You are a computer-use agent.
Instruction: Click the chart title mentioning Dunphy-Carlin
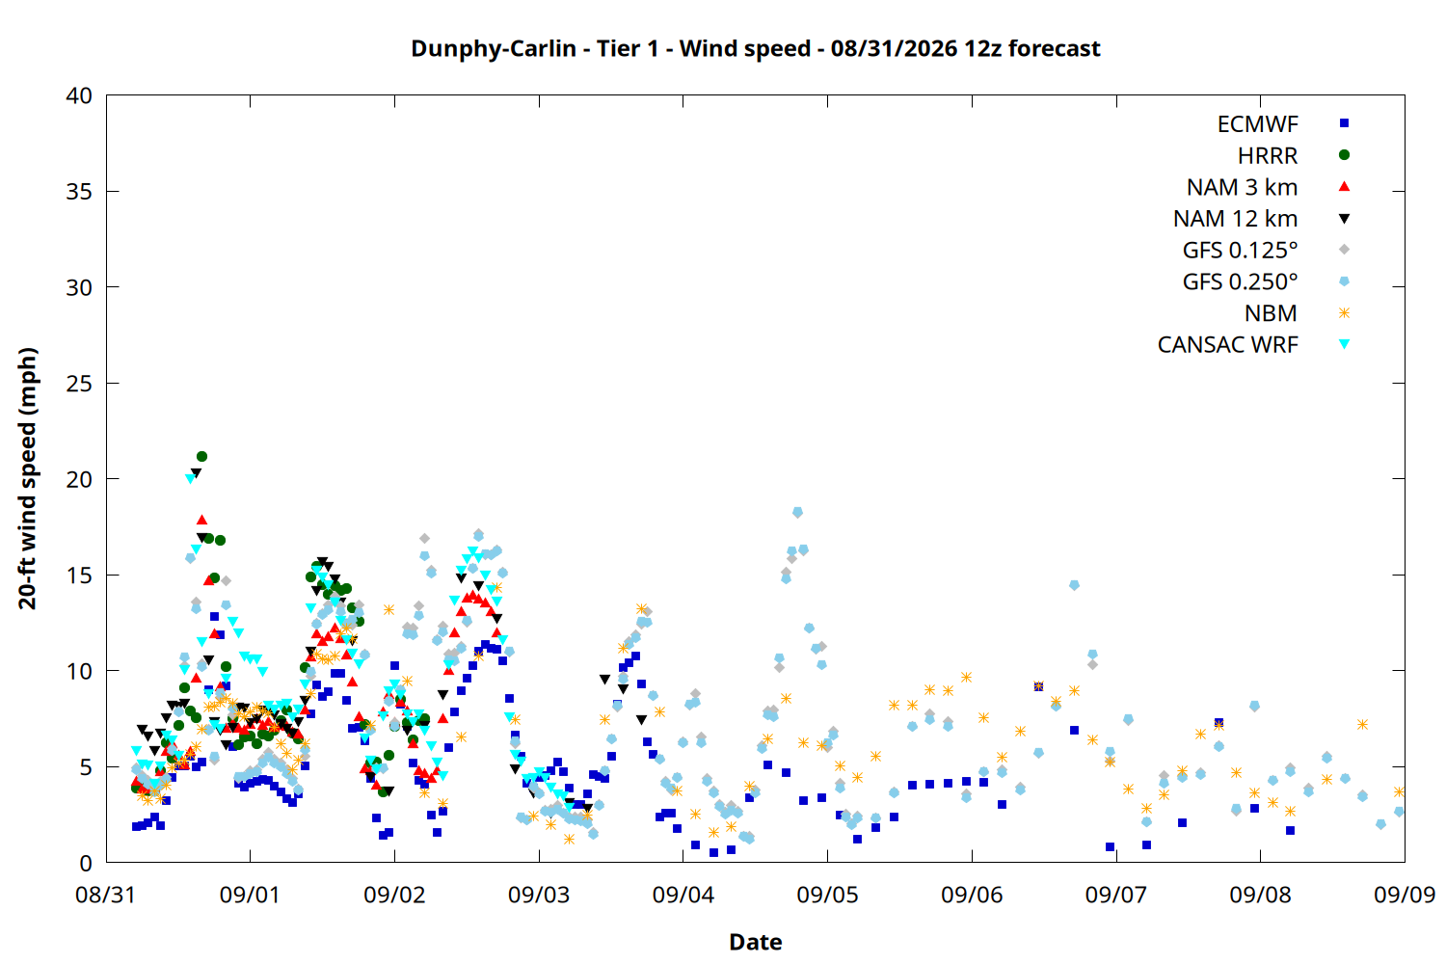click(x=755, y=49)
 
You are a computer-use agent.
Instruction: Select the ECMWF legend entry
click(x=1257, y=124)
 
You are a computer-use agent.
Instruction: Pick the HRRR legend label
click(x=1268, y=155)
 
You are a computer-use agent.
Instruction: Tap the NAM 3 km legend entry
click(x=1242, y=187)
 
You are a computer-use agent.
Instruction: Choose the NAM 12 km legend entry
click(x=1236, y=219)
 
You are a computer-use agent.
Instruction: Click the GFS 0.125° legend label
click(x=1240, y=250)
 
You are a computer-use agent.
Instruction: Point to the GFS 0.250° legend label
click(x=1240, y=281)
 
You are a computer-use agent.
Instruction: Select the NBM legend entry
click(x=1271, y=313)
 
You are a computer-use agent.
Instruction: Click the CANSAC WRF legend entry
click(x=1228, y=345)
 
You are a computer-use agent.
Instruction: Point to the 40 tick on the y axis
click(x=79, y=95)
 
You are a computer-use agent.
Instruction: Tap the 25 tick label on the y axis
click(x=79, y=384)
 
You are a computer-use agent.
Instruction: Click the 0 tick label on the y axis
click(x=86, y=863)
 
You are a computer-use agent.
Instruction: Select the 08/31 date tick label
click(x=106, y=895)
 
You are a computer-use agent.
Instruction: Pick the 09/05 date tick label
click(x=827, y=895)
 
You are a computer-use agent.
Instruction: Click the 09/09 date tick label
click(x=1405, y=895)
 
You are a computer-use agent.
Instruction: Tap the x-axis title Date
click(x=755, y=942)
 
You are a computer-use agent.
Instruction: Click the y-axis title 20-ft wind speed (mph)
click(x=27, y=478)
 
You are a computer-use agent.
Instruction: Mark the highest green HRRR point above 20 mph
click(x=201, y=457)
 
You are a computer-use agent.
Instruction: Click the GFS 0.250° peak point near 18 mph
click(x=797, y=512)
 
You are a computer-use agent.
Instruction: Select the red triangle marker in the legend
click(x=1344, y=187)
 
